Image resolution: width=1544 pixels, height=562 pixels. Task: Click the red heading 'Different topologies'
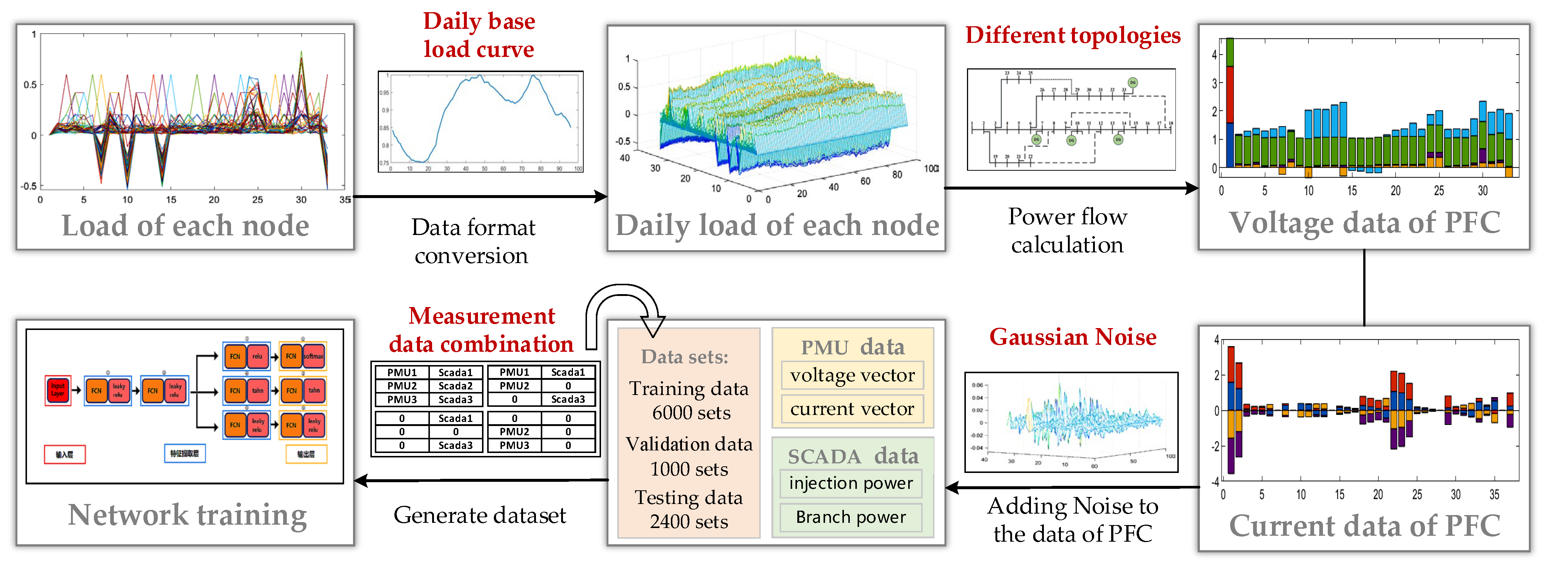(x=1072, y=35)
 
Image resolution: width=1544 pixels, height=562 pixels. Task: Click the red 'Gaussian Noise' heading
(x=1072, y=337)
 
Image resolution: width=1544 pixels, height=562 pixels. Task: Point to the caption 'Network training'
(x=187, y=515)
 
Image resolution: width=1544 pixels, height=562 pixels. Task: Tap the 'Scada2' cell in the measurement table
(x=455, y=386)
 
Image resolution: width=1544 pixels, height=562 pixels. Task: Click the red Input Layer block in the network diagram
(x=58, y=390)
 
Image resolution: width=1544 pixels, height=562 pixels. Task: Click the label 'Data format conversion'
(x=472, y=241)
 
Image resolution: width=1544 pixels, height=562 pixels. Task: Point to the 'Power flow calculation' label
(x=1068, y=231)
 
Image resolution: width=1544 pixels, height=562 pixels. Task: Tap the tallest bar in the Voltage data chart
(x=1229, y=102)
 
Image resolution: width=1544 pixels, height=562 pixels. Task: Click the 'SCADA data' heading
(x=852, y=457)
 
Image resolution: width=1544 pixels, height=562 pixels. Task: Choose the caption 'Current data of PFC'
(x=1364, y=526)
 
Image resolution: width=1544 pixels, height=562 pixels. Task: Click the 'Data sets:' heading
(x=685, y=357)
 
